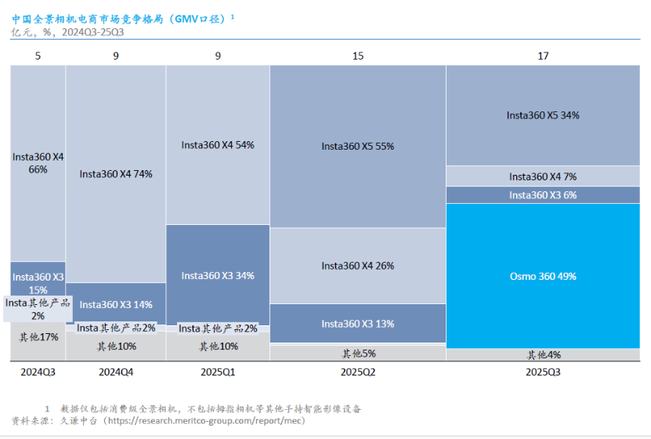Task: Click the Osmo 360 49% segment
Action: (543, 276)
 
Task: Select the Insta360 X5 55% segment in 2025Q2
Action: (358, 146)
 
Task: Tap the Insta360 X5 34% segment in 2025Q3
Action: (543, 115)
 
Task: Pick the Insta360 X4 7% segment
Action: (543, 176)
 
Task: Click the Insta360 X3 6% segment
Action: (543, 195)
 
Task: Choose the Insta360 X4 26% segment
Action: (358, 266)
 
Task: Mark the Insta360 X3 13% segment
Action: (358, 324)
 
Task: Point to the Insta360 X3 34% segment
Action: (218, 275)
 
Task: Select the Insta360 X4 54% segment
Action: (218, 145)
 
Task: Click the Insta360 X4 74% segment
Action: (116, 173)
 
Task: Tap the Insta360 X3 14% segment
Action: (116, 303)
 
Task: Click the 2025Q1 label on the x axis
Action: (218, 372)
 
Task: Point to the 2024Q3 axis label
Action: (38, 372)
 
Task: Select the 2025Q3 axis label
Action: (543, 372)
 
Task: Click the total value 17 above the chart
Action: (543, 56)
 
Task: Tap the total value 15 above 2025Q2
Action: (358, 56)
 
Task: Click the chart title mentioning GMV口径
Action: (123, 19)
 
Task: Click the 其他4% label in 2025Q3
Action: (544, 355)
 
